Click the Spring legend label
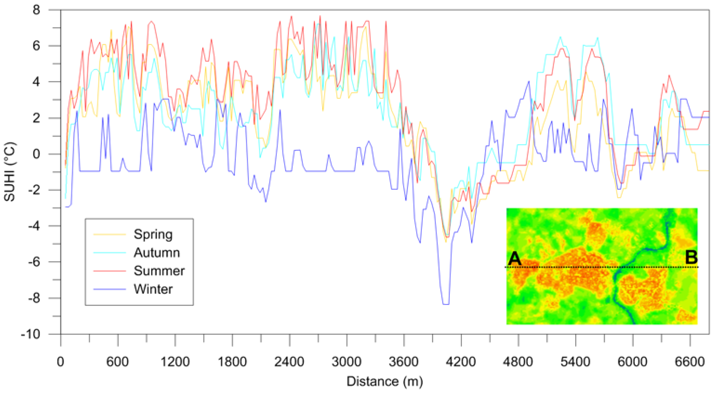click(153, 234)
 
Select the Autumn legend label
click(157, 253)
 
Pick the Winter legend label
click(153, 289)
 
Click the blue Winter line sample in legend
click(109, 289)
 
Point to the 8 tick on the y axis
click(36, 10)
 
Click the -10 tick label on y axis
click(30, 334)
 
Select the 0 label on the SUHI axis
click(36, 154)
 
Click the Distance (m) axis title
click(385, 381)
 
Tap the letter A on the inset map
click(515, 258)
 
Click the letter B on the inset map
click(691, 257)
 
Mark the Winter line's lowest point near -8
click(446, 304)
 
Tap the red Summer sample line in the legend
click(109, 271)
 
